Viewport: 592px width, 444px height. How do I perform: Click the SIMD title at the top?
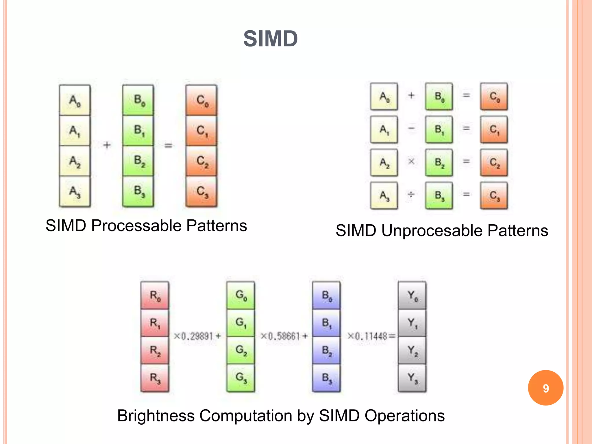[x=271, y=39]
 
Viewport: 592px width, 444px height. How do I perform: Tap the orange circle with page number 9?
[x=545, y=388]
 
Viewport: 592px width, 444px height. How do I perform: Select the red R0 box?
[x=155, y=296]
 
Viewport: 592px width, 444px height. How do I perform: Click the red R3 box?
[x=155, y=378]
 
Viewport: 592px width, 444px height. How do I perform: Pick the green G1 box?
[x=241, y=323]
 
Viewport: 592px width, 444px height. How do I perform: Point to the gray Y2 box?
[x=412, y=350]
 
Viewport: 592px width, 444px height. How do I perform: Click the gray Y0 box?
[x=412, y=296]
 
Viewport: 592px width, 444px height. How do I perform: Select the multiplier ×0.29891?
[x=193, y=336]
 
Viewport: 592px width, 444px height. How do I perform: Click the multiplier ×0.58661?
[x=280, y=336]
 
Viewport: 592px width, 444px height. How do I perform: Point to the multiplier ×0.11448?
[x=367, y=336]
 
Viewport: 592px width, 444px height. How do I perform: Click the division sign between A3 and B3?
[x=411, y=195]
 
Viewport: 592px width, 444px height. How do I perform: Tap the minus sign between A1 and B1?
[x=411, y=128]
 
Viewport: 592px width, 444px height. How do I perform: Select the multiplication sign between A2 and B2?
[x=411, y=162]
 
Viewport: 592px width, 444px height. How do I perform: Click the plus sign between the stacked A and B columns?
[x=107, y=145]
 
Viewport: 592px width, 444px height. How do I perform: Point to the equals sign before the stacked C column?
[x=168, y=145]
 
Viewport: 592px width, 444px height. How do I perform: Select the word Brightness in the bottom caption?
[x=156, y=416]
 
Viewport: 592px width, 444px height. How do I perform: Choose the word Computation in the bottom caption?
[x=246, y=416]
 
